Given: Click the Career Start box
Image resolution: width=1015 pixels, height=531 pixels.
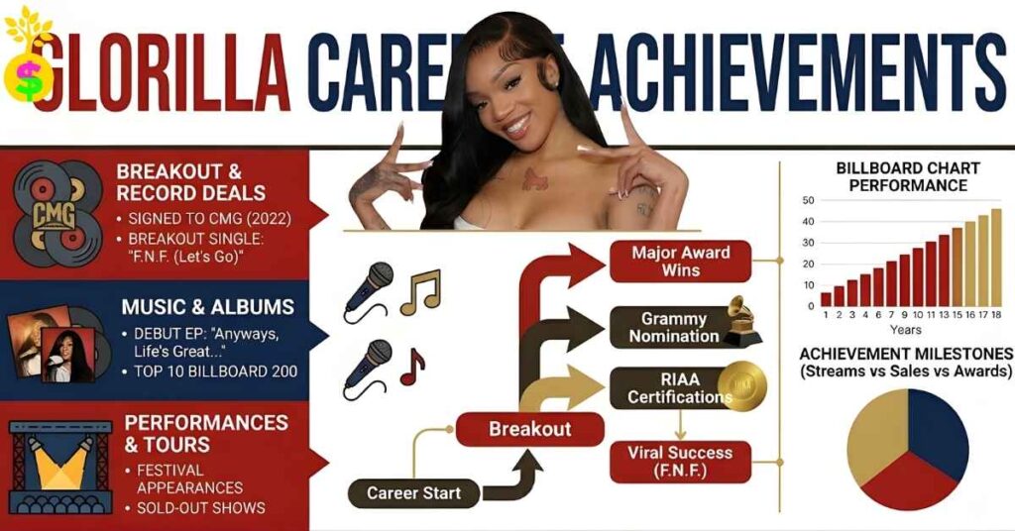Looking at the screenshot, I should tap(413, 492).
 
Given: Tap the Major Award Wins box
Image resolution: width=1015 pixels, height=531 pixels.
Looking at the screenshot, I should tap(680, 261).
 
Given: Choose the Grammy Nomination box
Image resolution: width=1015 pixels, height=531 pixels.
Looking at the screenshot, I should tap(674, 327).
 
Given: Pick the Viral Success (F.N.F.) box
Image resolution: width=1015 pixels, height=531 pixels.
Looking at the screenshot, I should tap(680, 462).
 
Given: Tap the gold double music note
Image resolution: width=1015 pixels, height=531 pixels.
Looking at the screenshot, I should tap(420, 291).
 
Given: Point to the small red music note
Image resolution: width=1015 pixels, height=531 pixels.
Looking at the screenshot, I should tap(411, 367).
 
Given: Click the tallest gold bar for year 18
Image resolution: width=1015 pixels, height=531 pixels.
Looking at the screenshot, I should tap(995, 258).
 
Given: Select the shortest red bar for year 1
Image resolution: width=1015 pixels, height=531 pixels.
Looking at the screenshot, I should tap(826, 299).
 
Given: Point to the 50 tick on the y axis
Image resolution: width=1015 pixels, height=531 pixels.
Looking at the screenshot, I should tap(809, 200).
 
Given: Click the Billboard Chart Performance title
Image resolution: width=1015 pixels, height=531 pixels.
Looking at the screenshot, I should tap(901, 176).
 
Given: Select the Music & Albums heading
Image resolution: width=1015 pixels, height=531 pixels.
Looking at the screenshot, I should tap(207, 307).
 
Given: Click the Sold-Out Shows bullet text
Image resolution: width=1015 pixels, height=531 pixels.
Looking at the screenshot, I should tap(201, 507).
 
